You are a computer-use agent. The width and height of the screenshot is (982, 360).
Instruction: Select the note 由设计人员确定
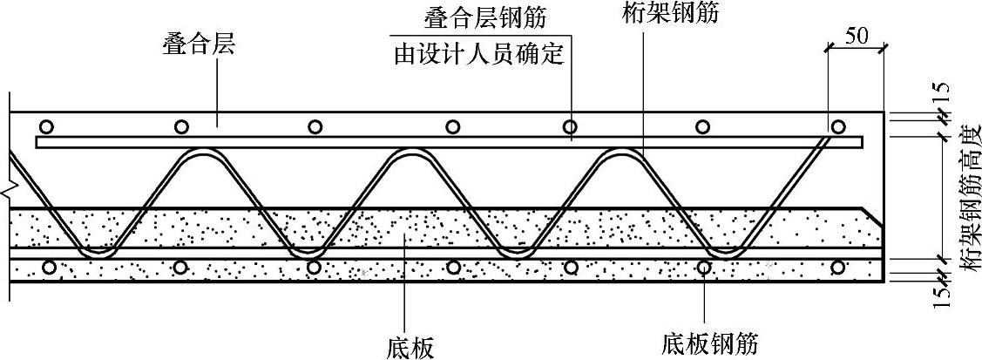pos(480,54)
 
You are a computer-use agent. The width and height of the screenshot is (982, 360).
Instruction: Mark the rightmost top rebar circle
pos(838,126)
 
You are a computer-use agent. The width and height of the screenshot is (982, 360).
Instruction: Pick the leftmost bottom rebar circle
pos(49,267)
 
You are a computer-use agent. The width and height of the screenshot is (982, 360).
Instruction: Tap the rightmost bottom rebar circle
pos(838,267)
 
